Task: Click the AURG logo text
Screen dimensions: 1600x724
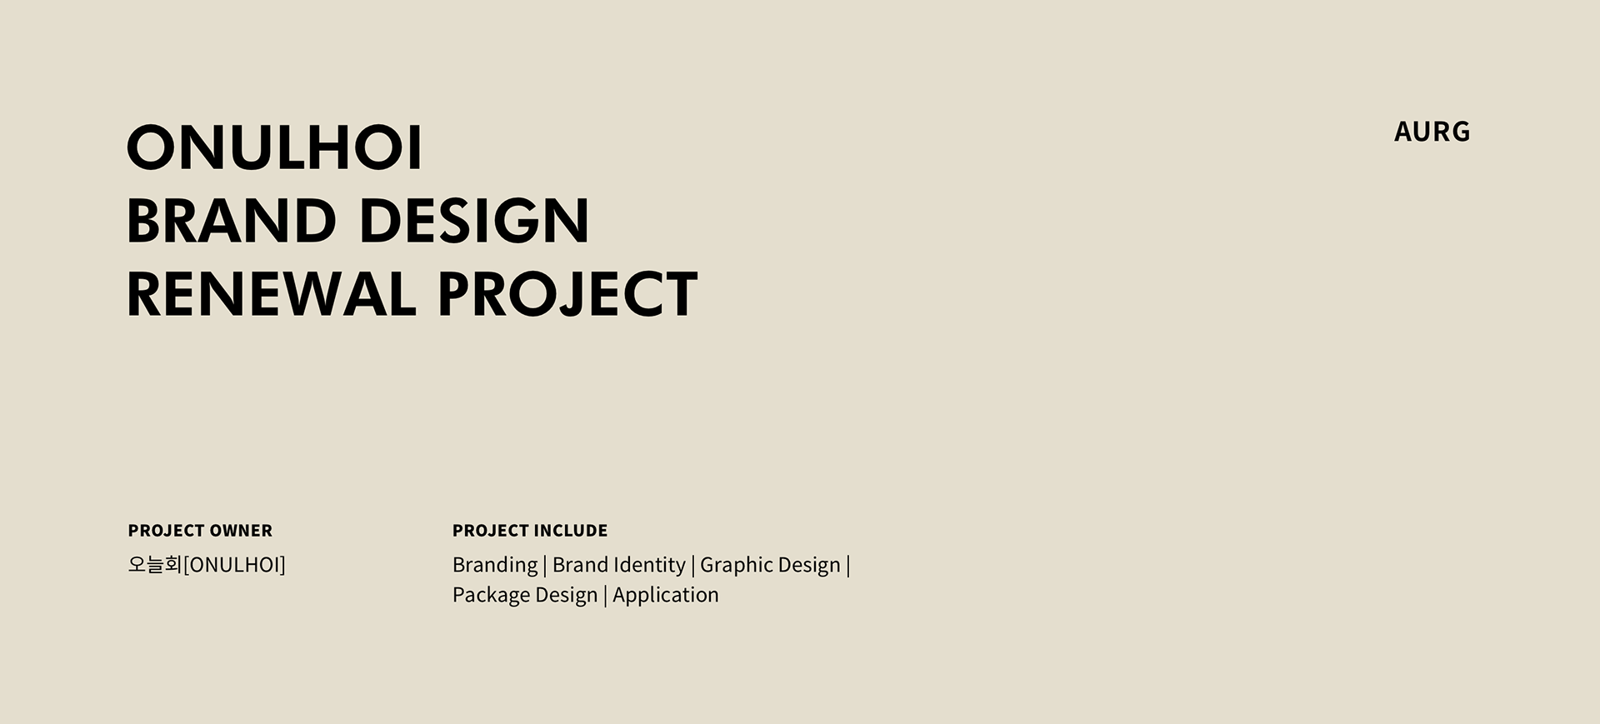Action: [x=1432, y=132]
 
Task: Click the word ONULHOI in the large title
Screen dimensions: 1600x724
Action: [x=275, y=147]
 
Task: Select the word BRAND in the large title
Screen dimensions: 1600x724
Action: [x=231, y=221]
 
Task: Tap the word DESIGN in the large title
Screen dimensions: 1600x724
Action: [x=473, y=221]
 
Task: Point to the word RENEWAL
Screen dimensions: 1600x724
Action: [x=271, y=293]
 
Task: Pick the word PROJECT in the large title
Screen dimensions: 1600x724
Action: [x=567, y=293]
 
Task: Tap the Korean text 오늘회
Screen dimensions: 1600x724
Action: [x=155, y=565]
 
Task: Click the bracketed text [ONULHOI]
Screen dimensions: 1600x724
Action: [x=234, y=565]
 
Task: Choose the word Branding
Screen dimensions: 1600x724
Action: [x=495, y=566]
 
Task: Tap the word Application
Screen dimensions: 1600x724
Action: [x=666, y=596]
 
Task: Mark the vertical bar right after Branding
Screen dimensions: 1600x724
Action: [x=545, y=566]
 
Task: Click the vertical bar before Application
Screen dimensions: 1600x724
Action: [x=605, y=596]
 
